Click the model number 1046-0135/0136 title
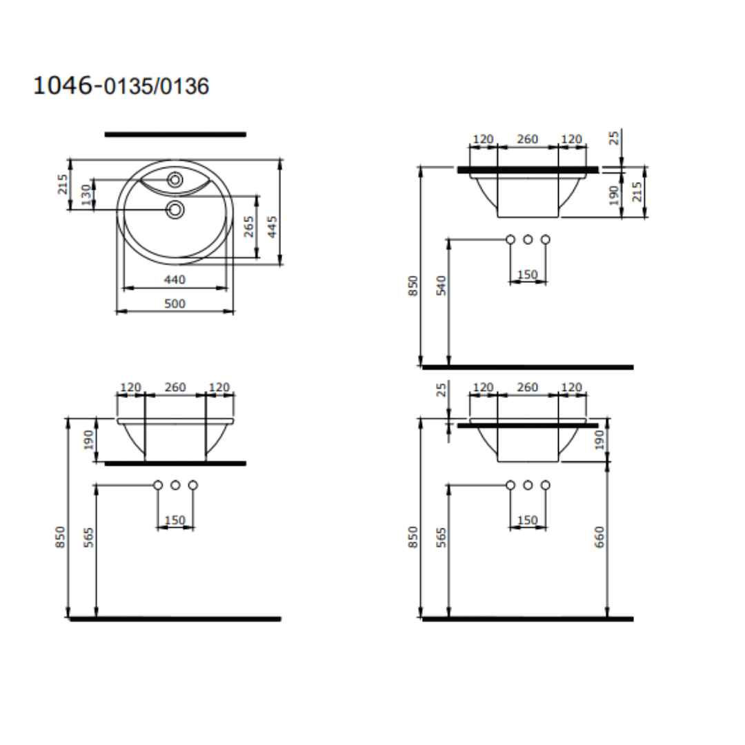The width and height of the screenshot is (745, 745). pyautogui.click(x=121, y=86)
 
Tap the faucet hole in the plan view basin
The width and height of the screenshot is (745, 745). pyautogui.click(x=175, y=179)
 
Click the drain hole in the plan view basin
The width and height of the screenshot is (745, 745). pyautogui.click(x=175, y=210)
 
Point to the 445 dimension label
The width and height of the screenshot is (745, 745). pyautogui.click(x=272, y=227)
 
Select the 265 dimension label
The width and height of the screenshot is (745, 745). pyautogui.click(x=249, y=227)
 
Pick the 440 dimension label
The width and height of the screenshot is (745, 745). pyautogui.click(x=175, y=279)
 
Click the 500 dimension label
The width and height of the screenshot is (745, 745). pyautogui.click(x=175, y=304)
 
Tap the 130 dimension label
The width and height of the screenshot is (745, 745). pyautogui.click(x=86, y=195)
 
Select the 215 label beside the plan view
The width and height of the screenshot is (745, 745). pyautogui.click(x=63, y=184)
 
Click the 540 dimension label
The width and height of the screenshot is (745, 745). pyautogui.click(x=441, y=286)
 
